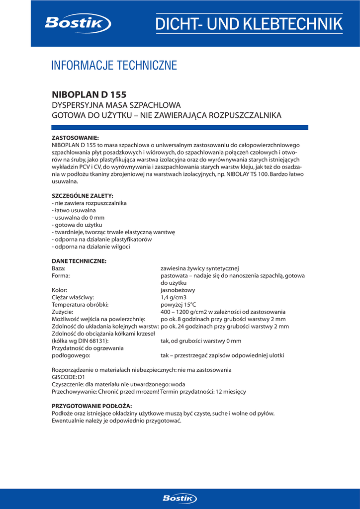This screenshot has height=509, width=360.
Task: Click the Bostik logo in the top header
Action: pos(78,23)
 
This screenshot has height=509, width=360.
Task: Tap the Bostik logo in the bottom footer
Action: pos(180,498)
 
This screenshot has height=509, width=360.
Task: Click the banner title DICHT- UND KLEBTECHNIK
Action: pos(249,23)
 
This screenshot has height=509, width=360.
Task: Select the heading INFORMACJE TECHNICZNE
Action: pos(114,65)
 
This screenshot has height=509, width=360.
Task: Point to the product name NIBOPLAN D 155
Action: pos(89,94)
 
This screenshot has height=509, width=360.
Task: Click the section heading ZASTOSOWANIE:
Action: pos(76,137)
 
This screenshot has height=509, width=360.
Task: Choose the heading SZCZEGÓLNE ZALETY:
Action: pos(83,196)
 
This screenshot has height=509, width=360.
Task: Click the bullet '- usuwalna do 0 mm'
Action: pos(78,218)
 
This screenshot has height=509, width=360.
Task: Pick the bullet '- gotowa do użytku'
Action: pos(77,225)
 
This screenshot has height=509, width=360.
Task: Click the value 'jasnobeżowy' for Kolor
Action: pos(178,290)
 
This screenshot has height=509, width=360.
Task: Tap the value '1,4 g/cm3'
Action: pos(174,297)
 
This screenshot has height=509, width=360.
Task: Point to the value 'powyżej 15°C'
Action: pos(178,304)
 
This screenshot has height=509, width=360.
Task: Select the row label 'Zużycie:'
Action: pos(63,312)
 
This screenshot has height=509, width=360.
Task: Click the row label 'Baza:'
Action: pos(59,268)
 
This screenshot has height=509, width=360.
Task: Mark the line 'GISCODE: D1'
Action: pos(69,377)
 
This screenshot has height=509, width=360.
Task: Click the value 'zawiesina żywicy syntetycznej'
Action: pos(200,268)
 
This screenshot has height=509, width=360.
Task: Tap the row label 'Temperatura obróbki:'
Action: pos(80,304)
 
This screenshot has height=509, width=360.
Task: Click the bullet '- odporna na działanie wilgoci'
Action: pos(91,247)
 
